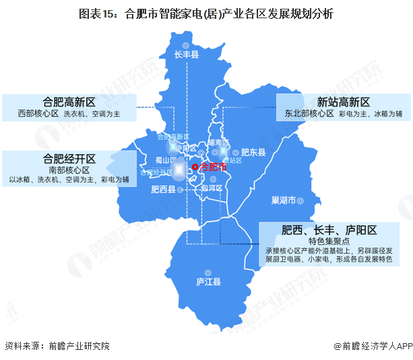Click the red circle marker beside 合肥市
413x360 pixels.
pyautogui.click(x=195, y=167)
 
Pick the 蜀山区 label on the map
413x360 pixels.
pyautogui.click(x=157, y=160)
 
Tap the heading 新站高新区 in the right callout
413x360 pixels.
pyautogui.click(x=344, y=102)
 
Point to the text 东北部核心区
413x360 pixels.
pyautogui.click(x=309, y=115)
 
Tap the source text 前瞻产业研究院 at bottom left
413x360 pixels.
pyautogui.click(x=78, y=346)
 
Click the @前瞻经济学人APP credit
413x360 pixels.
pyautogui.click(x=373, y=346)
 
